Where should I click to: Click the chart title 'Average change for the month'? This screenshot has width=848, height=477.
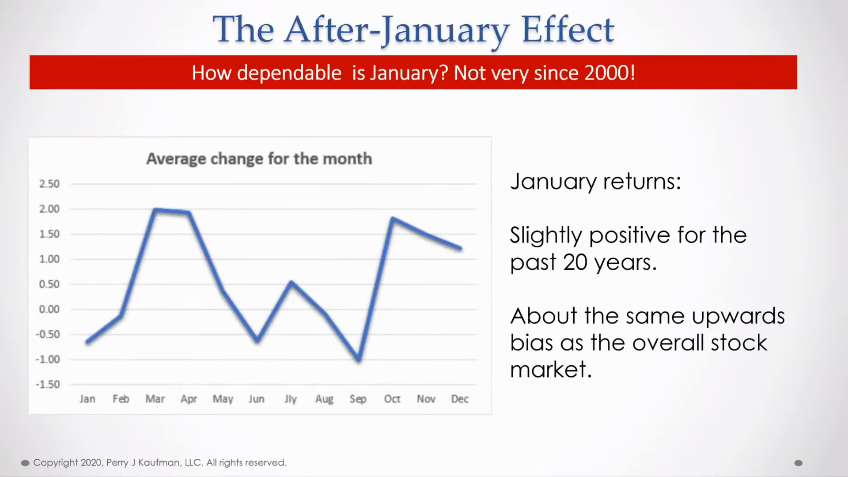click(259, 159)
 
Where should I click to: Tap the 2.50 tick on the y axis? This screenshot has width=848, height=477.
click(49, 184)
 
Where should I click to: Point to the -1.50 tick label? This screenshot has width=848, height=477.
click(48, 384)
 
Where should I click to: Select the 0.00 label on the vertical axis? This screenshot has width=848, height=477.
click(49, 309)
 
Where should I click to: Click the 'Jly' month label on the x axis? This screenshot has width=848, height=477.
click(291, 399)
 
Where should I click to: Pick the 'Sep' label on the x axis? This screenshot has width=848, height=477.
click(358, 399)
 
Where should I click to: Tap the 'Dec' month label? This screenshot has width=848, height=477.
click(460, 399)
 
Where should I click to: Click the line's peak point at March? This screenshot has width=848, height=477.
click(155, 209)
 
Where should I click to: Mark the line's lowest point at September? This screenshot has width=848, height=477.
click(359, 360)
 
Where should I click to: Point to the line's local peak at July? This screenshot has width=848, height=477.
click(291, 282)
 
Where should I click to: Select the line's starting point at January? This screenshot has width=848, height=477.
click(87, 342)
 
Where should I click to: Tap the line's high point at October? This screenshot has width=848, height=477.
click(392, 219)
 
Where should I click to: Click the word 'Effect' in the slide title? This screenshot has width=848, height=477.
click(568, 29)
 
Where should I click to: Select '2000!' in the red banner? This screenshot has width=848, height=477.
click(610, 72)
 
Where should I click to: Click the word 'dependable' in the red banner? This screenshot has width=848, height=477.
click(289, 72)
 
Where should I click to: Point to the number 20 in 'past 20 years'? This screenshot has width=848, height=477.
click(575, 262)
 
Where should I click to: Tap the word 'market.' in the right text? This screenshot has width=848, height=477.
click(551, 369)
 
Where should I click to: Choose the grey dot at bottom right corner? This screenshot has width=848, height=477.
click(798, 463)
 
